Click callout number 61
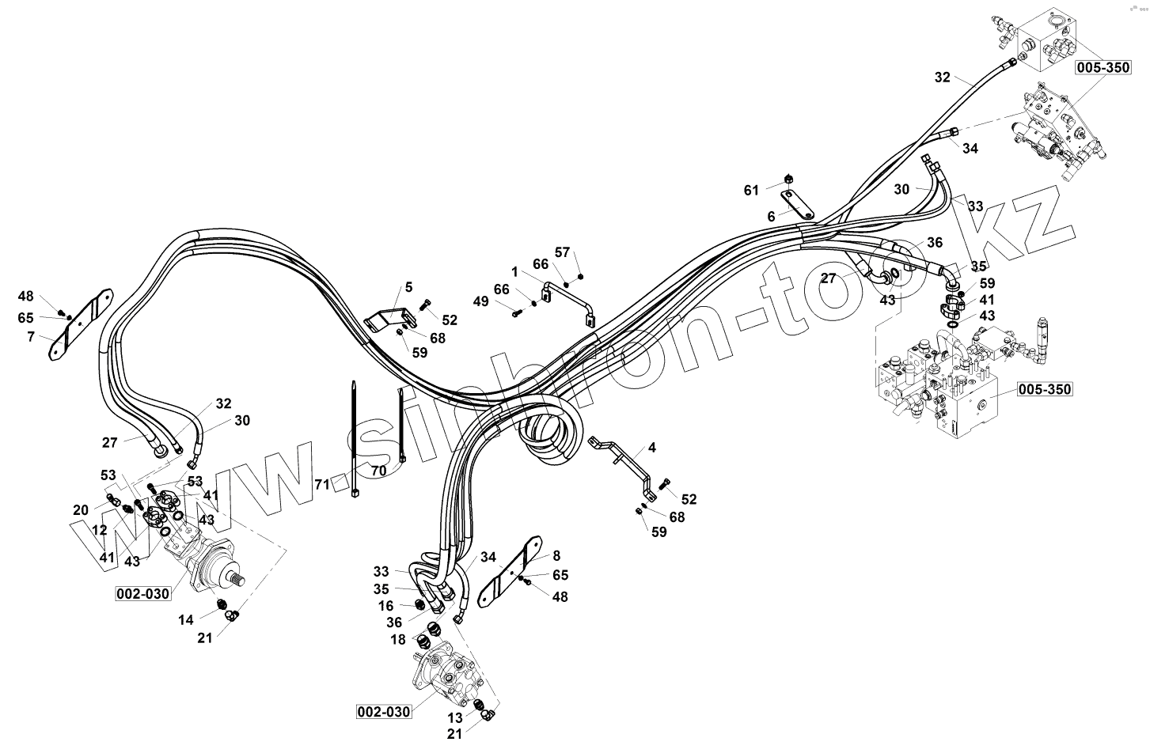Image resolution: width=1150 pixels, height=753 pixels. tap(751, 190)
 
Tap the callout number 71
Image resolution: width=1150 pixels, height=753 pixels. tap(322, 484)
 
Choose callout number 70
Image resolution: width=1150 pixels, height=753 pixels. tap(378, 470)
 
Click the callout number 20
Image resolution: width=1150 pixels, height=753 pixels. tap(81, 510)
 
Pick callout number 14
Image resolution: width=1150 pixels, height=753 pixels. tap(185, 620)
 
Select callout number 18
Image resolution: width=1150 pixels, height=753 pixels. tap(397, 639)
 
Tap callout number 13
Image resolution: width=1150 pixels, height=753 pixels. tap(454, 717)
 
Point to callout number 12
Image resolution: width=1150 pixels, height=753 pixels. tap(100, 529)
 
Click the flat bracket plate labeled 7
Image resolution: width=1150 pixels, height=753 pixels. tap(79, 325)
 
